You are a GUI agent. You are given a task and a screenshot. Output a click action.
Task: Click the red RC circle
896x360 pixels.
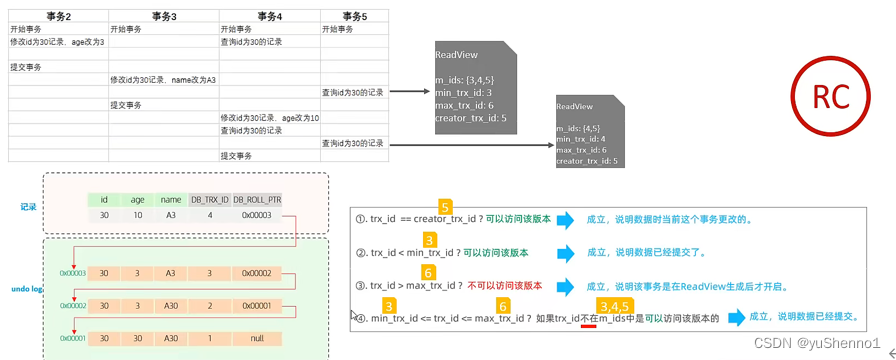coord(830,96)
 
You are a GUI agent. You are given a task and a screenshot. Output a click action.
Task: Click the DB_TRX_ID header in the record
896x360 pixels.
coord(209,199)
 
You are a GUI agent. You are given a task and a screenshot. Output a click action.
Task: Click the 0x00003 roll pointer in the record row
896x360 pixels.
coord(258,215)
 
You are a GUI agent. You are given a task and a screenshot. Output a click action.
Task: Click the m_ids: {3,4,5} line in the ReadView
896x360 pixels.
coord(464,79)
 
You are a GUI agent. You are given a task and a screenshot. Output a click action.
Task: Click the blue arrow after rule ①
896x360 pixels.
coord(566,220)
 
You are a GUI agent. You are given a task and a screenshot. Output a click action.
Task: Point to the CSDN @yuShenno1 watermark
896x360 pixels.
coord(833,344)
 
